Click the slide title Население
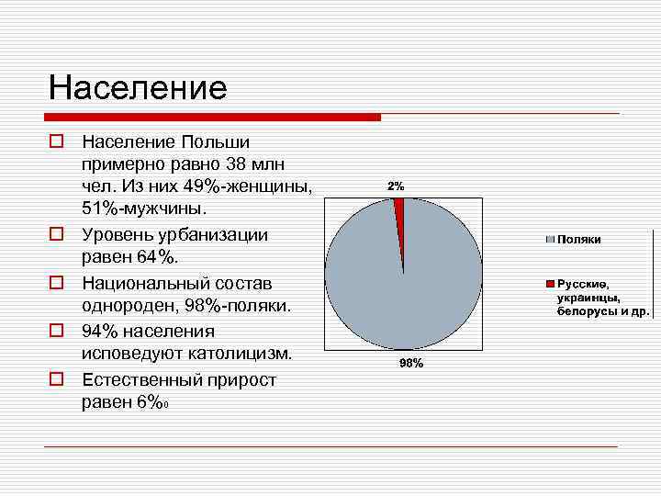tap(138, 87)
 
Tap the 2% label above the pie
tap(396, 186)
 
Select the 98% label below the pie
tap(410, 364)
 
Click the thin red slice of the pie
tap(398, 210)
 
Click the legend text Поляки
tap(578, 239)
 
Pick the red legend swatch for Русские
tap(551, 284)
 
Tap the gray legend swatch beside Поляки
tap(551, 239)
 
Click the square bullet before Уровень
tap(56, 235)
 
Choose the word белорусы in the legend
tap(583, 311)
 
